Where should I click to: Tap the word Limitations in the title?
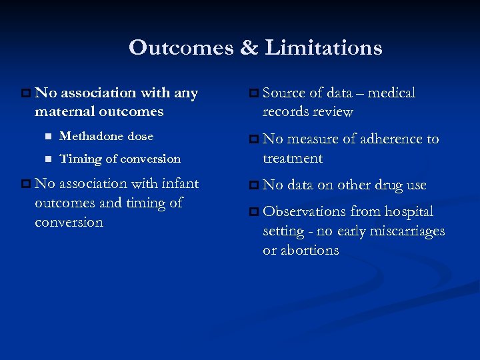pyautogui.click(x=323, y=48)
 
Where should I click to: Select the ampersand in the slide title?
pyautogui.click(x=248, y=48)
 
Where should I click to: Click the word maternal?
pyautogui.click(x=65, y=111)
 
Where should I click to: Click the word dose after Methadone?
pyautogui.click(x=141, y=136)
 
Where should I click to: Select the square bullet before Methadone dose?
pyautogui.click(x=47, y=137)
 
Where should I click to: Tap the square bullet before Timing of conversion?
pyautogui.click(x=47, y=159)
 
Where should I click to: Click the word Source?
pyautogui.click(x=284, y=93)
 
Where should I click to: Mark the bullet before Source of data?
pyautogui.click(x=253, y=93)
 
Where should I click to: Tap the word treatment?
pyautogui.click(x=292, y=158)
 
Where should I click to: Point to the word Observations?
pyautogui.click(x=304, y=211)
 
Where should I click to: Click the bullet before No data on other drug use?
pyautogui.click(x=253, y=185)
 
